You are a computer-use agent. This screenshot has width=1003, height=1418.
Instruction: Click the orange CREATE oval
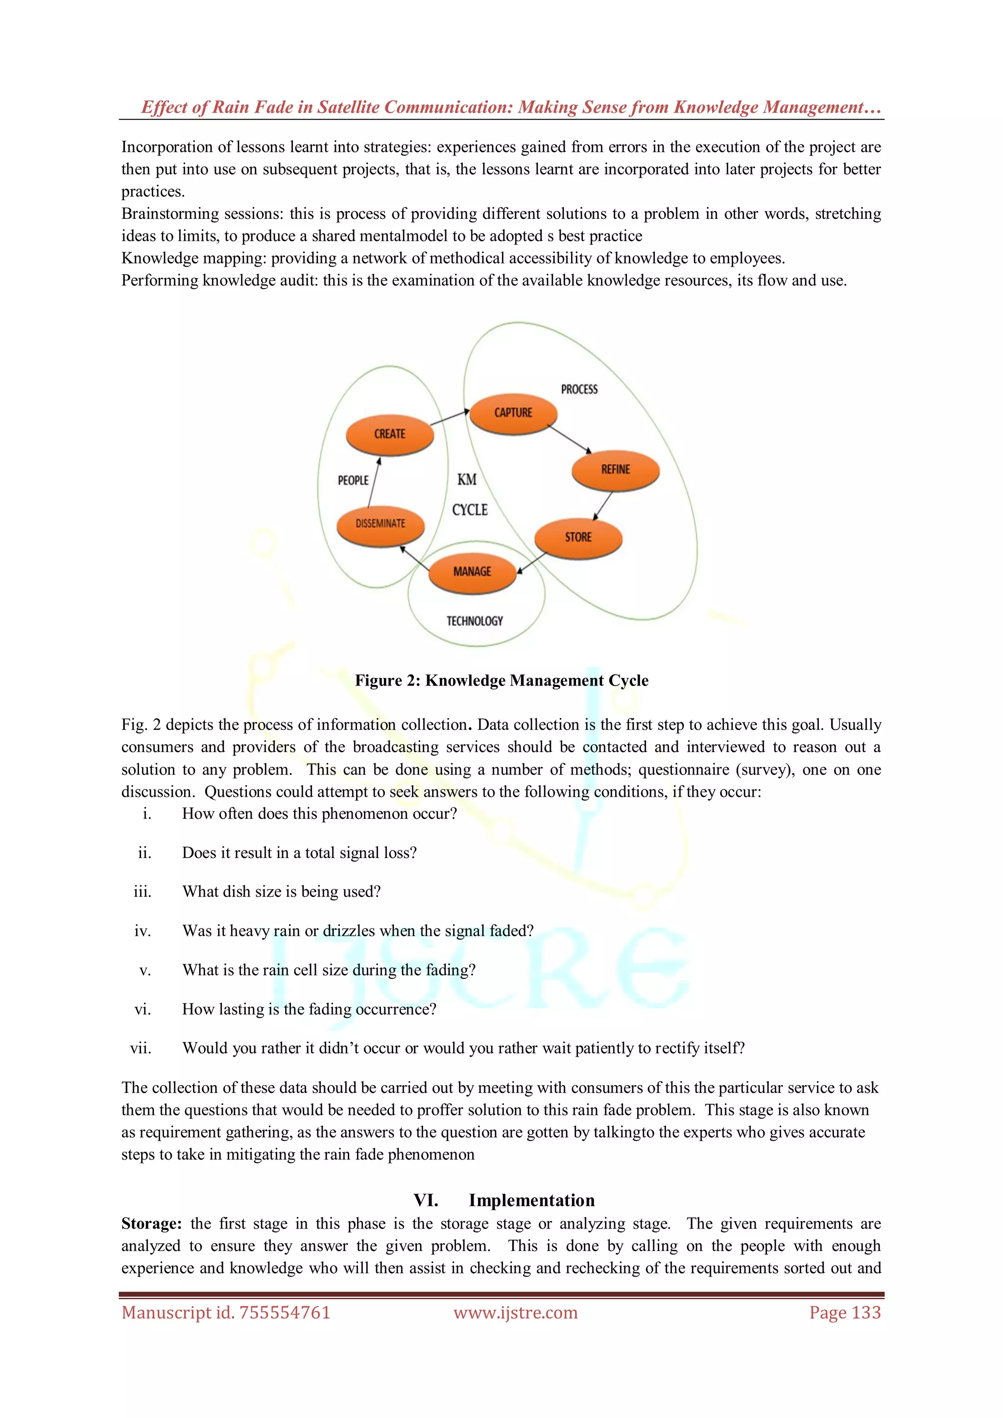390,434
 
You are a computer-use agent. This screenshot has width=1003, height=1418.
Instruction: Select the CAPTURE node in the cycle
513,413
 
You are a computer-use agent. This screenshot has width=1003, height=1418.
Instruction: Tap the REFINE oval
616,470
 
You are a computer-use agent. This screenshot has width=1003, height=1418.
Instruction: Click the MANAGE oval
473,572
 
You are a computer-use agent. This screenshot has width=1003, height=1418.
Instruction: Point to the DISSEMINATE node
381,524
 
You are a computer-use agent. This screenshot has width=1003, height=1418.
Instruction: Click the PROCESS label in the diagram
579,389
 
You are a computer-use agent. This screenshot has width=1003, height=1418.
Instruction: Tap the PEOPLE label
353,480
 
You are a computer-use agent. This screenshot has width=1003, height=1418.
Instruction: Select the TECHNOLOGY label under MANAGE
475,621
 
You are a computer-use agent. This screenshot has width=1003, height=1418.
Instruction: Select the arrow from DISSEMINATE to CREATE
374,482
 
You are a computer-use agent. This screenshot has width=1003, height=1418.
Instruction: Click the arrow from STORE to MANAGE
532,563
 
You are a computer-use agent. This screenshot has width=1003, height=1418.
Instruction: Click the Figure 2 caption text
501,681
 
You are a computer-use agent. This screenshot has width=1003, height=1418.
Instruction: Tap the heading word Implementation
532,1200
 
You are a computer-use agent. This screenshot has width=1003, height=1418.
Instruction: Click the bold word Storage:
151,1224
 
